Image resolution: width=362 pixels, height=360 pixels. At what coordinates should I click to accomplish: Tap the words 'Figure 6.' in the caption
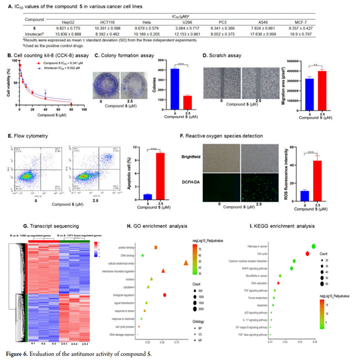[16, 351]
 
